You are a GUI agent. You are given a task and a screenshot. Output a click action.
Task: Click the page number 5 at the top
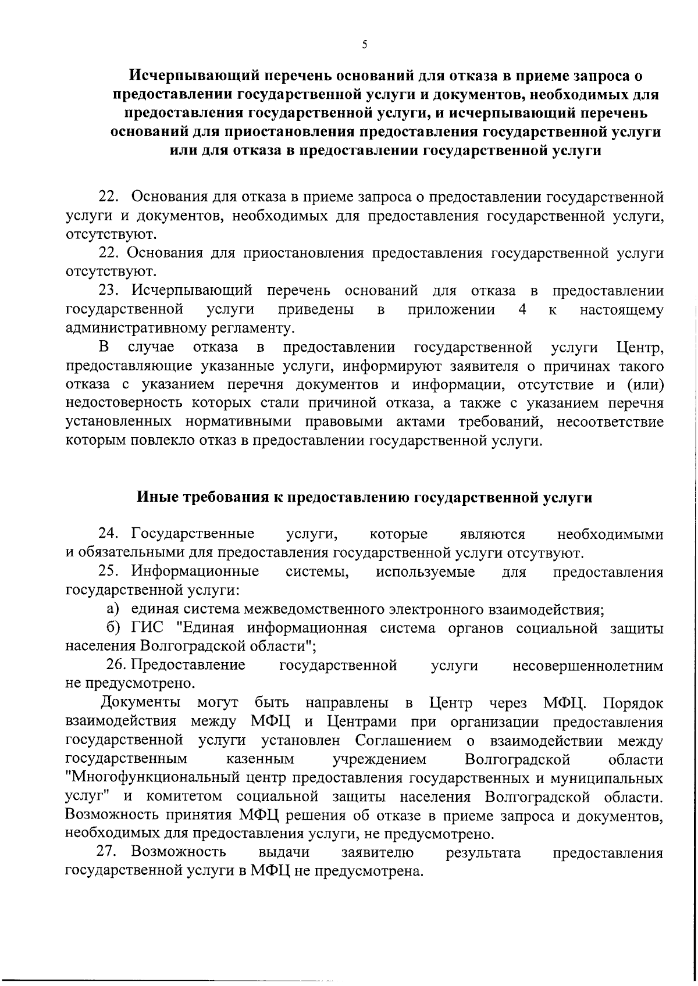(364, 44)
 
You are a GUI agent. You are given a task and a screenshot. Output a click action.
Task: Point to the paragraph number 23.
(110, 290)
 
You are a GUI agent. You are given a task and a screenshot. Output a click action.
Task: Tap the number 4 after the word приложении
(522, 309)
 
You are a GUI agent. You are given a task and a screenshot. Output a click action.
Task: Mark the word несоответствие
(610, 422)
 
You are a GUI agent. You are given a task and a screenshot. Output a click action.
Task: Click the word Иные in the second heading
(156, 498)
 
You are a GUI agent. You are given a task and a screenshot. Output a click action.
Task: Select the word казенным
(259, 759)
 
